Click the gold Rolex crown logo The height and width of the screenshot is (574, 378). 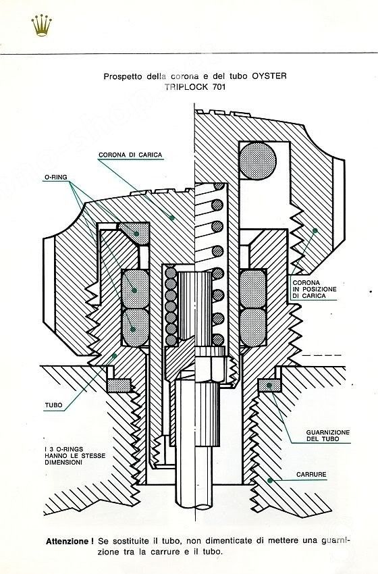[x=41, y=26]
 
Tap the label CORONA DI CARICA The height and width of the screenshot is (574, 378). [x=130, y=155]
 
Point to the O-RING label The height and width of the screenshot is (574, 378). [x=56, y=177]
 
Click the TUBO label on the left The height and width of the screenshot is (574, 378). [x=54, y=405]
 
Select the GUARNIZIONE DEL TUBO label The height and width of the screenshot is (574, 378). [x=328, y=436]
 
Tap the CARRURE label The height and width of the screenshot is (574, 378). [x=311, y=475]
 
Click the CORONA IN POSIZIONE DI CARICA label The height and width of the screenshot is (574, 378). [x=315, y=289]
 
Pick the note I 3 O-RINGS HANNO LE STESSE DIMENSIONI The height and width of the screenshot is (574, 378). [x=75, y=456]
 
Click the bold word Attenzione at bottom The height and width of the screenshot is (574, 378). [x=67, y=542]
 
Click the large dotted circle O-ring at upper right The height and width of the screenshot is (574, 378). [x=258, y=161]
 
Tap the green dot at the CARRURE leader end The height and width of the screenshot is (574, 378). [x=270, y=480]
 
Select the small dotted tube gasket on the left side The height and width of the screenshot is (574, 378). [x=119, y=386]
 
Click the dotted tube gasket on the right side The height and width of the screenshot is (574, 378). [x=270, y=385]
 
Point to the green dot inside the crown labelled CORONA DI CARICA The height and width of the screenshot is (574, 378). [x=171, y=218]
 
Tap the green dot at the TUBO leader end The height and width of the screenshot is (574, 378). [x=115, y=355]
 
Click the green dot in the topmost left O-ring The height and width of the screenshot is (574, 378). [x=136, y=234]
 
